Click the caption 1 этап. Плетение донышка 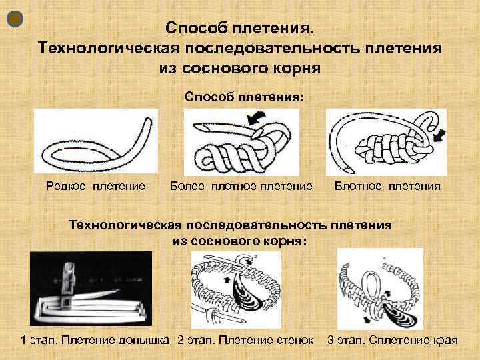[97, 341]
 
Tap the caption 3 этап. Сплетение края [393, 341]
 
